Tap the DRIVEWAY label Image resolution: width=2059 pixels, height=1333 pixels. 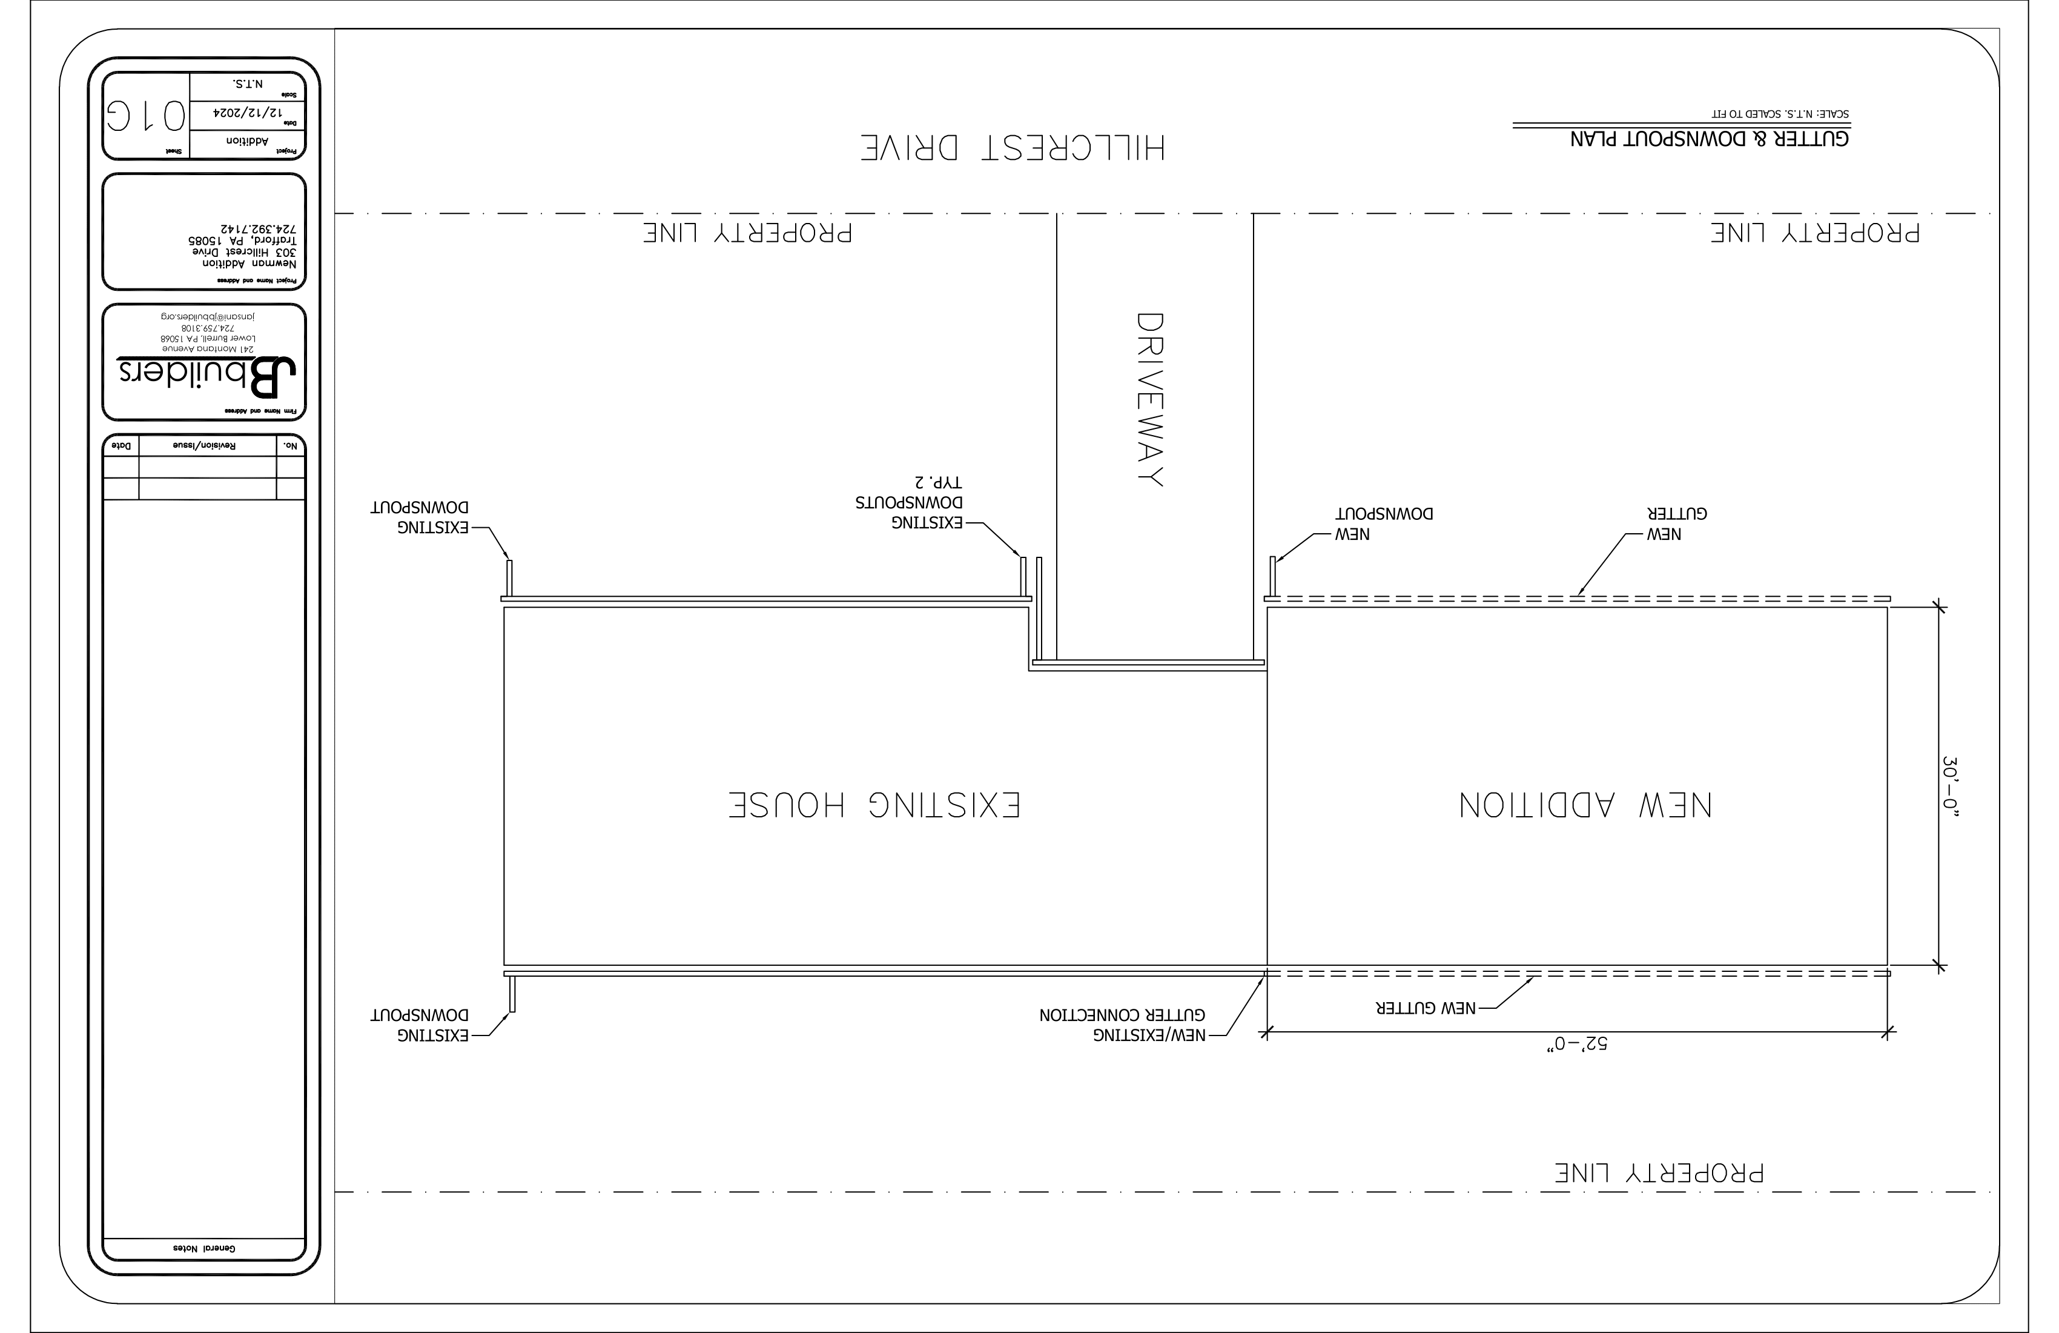(x=1149, y=399)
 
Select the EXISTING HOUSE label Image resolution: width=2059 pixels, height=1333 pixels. (x=874, y=805)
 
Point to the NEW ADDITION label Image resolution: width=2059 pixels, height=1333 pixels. (x=1585, y=805)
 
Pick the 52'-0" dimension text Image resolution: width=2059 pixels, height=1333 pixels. (x=1577, y=1045)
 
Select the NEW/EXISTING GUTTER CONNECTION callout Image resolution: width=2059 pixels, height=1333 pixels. (x=1122, y=1025)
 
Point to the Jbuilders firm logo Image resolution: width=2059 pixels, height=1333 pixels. (x=208, y=376)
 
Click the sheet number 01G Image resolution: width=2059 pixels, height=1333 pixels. (x=146, y=116)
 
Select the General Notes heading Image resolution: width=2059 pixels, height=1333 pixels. (x=204, y=1248)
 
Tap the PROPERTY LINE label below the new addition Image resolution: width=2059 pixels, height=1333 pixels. (x=1659, y=1173)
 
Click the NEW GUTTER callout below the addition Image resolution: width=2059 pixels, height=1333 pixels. (x=1426, y=1008)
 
